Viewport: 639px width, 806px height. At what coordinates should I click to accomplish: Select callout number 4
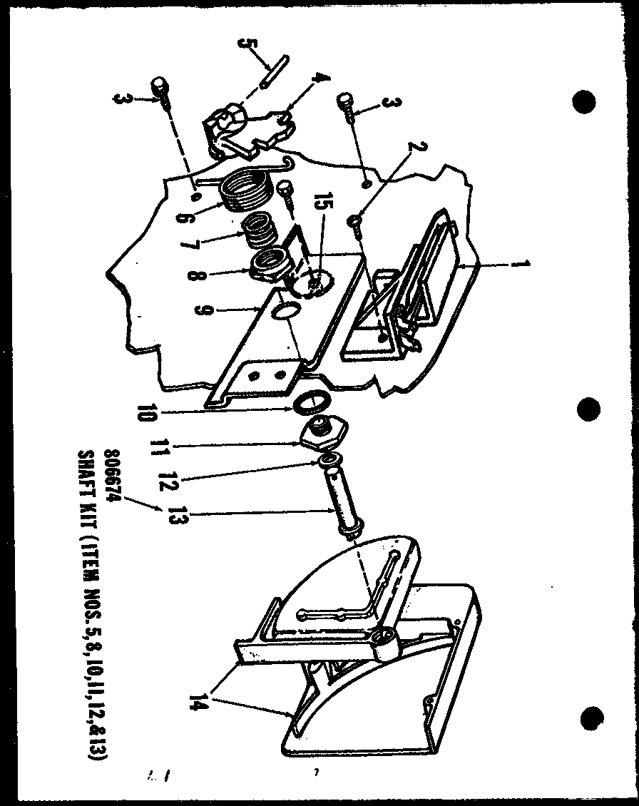click(x=303, y=93)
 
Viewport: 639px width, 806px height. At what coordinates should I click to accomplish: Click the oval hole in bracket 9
click(x=286, y=312)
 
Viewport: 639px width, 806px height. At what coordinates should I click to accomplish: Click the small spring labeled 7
click(x=258, y=231)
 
